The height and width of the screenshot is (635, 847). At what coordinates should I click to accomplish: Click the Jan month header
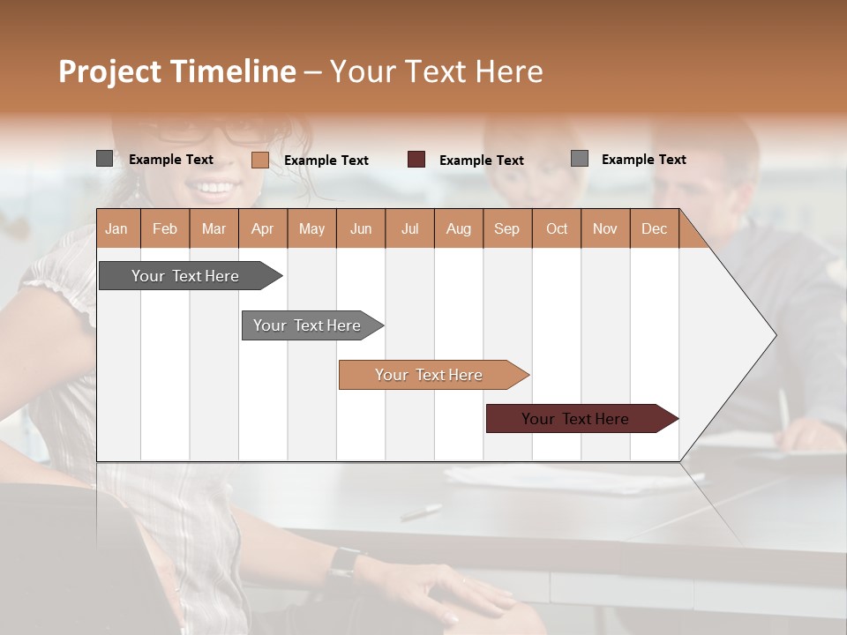(x=116, y=228)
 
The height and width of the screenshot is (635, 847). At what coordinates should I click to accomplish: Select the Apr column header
(x=262, y=228)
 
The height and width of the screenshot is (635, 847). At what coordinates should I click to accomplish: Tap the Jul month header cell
(x=409, y=228)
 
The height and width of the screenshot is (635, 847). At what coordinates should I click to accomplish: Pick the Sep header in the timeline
(x=506, y=228)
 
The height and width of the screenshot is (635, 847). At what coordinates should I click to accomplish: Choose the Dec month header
(x=654, y=228)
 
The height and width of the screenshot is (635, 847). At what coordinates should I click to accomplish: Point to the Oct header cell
(x=557, y=228)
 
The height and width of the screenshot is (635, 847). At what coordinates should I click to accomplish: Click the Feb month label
(x=165, y=228)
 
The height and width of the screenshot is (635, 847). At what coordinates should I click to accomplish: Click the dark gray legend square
(x=104, y=159)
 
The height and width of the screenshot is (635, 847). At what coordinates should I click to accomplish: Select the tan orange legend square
(x=259, y=160)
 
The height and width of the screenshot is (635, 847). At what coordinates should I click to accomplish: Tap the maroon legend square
(x=416, y=160)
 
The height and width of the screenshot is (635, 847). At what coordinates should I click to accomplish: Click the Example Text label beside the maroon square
(x=481, y=160)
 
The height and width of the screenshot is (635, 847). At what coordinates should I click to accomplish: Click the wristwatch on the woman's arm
(x=344, y=562)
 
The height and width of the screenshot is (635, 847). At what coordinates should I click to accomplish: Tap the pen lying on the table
(x=421, y=511)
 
